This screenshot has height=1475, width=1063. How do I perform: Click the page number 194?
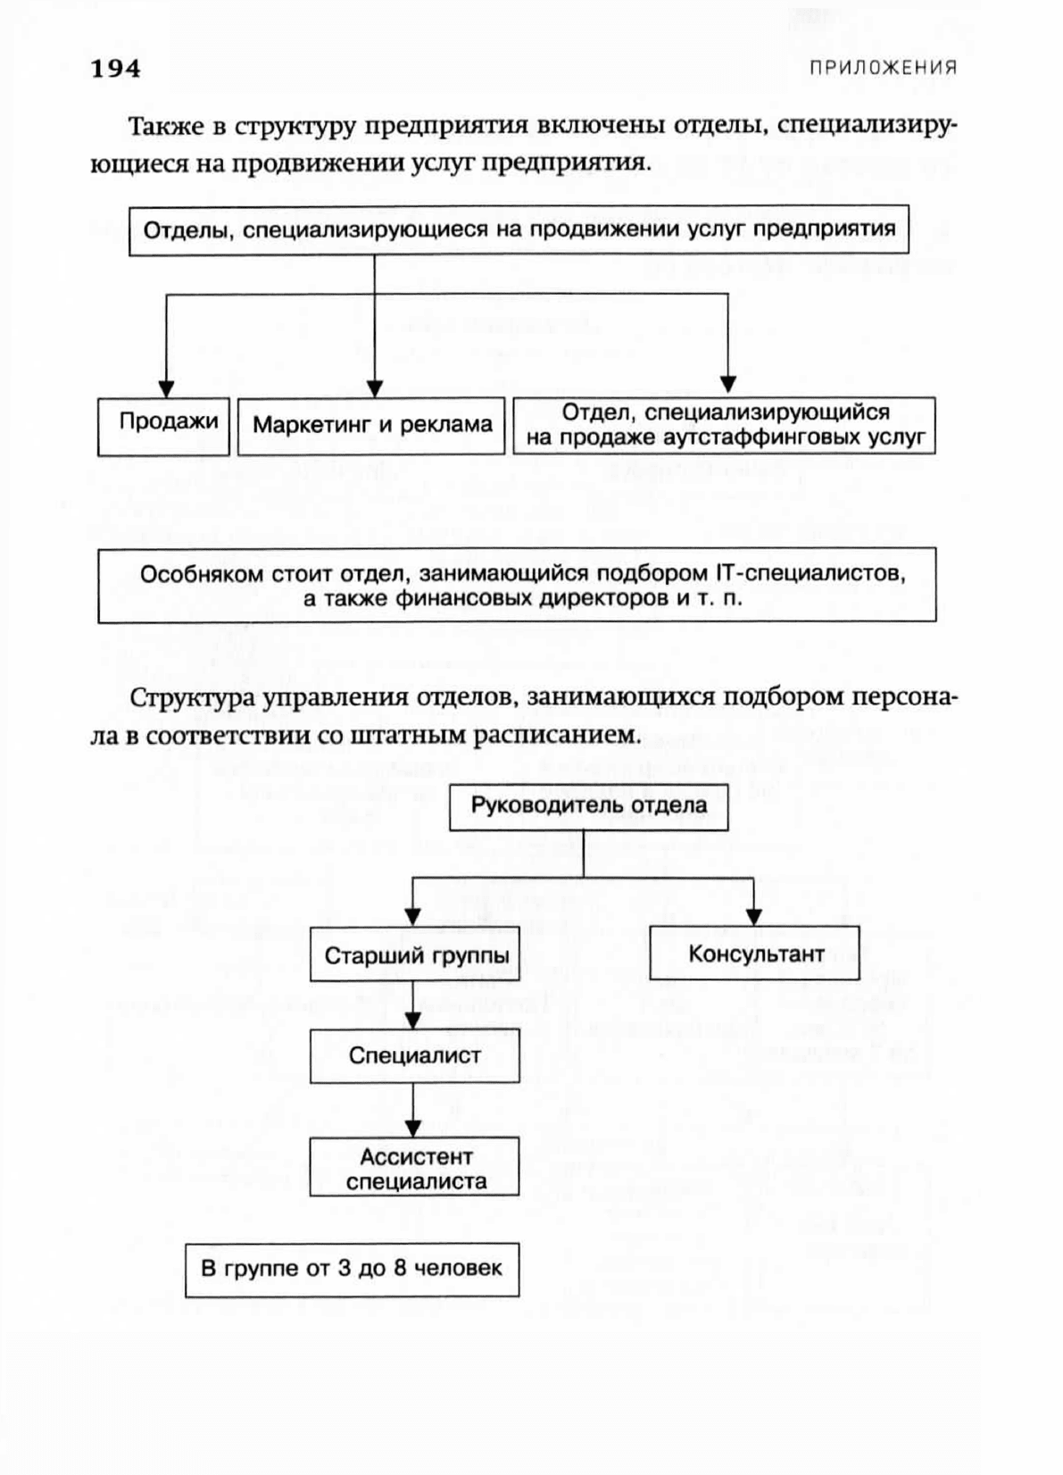[115, 69]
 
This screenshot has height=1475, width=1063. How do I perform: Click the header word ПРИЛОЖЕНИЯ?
[883, 68]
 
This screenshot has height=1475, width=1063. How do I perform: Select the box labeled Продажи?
[164, 427]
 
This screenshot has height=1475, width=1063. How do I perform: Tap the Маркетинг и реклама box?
[371, 425]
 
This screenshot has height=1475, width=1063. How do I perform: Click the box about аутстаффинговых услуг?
[724, 425]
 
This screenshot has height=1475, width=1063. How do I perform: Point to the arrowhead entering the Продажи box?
[167, 388]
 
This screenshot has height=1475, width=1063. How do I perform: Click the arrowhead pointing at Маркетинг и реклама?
[375, 388]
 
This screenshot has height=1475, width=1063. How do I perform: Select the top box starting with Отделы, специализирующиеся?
[519, 230]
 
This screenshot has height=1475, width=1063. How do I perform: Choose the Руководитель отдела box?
[588, 807]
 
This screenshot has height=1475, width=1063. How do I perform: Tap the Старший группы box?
[415, 954]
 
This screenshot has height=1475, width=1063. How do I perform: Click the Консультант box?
[754, 953]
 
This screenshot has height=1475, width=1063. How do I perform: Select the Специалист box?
[415, 1056]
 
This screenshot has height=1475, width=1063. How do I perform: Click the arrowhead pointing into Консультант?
[754, 917]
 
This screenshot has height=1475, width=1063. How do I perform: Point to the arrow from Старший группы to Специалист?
[412, 1005]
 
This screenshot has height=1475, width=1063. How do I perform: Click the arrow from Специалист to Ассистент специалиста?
[412, 1110]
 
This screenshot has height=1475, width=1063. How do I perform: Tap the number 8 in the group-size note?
[400, 1268]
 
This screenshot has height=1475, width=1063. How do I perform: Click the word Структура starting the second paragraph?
[192, 698]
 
